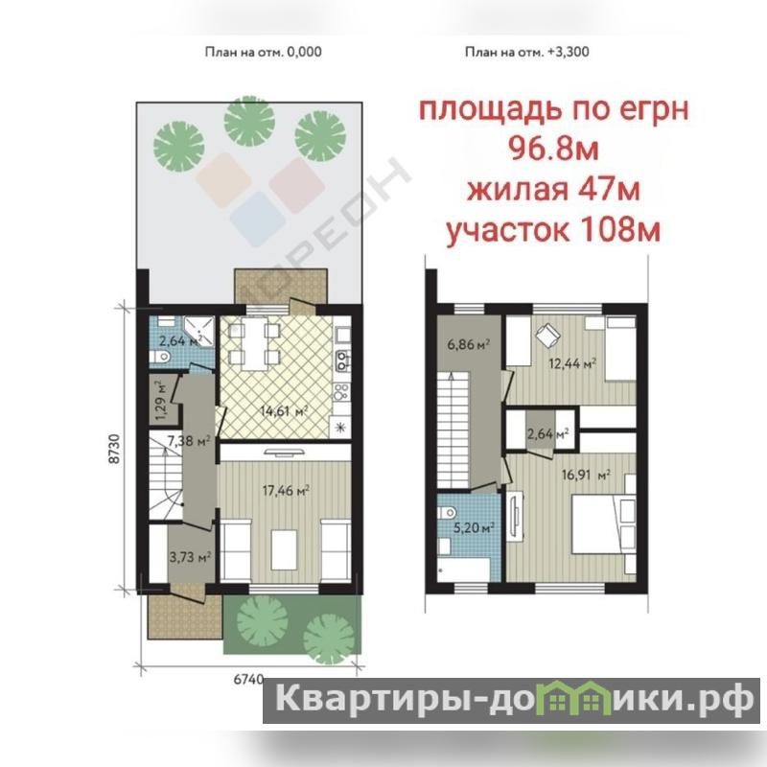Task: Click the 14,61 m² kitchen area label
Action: click(x=284, y=411)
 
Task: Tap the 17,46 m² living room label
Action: click(x=286, y=490)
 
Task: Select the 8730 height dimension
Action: click(x=114, y=449)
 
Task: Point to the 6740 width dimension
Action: click(x=248, y=680)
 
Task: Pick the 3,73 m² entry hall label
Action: click(x=190, y=557)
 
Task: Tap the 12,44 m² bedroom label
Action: click(x=571, y=363)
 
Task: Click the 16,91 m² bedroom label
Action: click(x=586, y=475)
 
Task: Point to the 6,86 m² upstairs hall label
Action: click(x=469, y=344)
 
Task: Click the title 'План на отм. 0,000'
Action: click(x=263, y=52)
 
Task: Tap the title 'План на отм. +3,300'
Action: click(x=526, y=52)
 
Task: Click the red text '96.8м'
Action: click(x=554, y=149)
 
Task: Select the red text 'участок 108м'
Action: click(x=553, y=230)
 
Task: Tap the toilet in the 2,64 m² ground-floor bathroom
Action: click(x=160, y=357)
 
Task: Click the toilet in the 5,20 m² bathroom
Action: click(x=447, y=513)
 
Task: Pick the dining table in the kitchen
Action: click(x=254, y=344)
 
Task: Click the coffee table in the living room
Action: click(x=284, y=549)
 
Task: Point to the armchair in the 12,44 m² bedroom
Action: click(x=547, y=335)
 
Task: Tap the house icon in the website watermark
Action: click(x=578, y=698)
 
